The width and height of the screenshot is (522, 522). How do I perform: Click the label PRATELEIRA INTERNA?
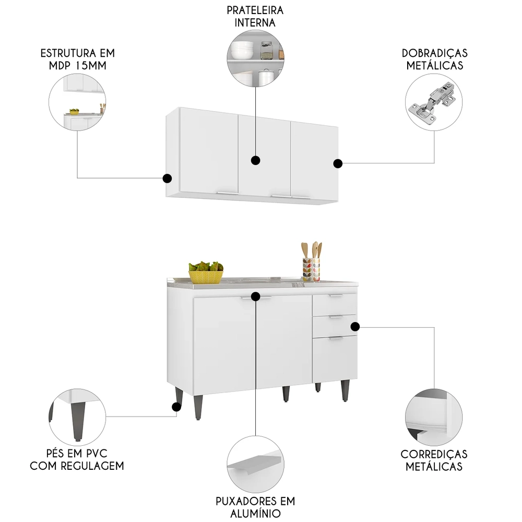255,16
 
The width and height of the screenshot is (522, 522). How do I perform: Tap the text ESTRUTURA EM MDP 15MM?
78,60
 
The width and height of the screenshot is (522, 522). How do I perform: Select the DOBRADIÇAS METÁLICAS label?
434,60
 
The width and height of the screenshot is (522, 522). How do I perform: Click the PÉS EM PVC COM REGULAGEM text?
77,459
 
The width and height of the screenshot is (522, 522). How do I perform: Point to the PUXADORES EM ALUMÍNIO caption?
255,507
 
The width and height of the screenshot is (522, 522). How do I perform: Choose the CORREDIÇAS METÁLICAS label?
434,460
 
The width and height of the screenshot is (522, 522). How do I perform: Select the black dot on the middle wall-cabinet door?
255,160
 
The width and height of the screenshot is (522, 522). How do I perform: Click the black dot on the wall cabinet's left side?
167,178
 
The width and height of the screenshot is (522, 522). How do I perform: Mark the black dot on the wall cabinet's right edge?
338,163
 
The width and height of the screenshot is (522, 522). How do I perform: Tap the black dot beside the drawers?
355,327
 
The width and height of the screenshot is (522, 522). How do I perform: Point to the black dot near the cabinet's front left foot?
176,407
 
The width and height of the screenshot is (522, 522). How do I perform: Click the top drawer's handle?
336,296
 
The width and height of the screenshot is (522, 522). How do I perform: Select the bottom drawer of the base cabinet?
335,359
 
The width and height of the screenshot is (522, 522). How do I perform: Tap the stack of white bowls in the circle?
242,50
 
